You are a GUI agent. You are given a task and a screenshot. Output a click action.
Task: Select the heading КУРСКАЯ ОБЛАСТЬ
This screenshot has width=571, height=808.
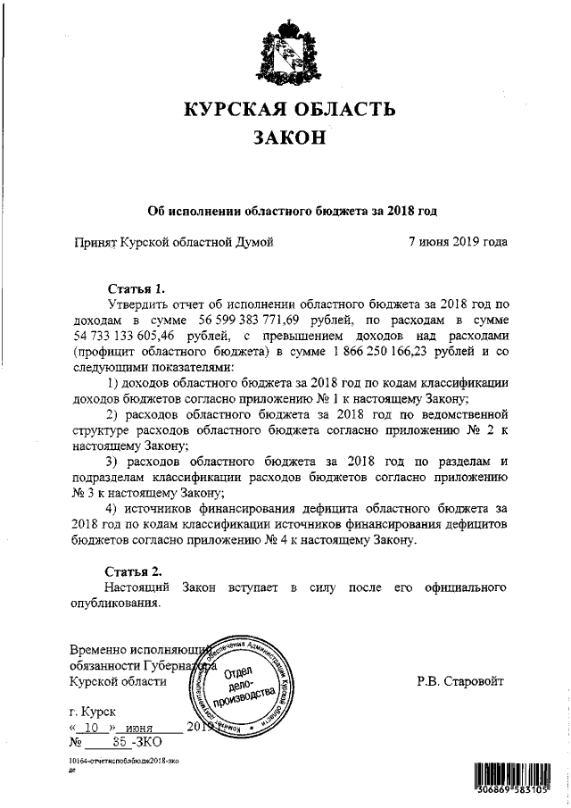click(x=287, y=109)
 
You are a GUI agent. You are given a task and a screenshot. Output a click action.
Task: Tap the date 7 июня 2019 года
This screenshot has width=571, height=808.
click(x=458, y=241)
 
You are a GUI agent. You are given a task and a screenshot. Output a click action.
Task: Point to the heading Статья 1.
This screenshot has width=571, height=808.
click(x=136, y=288)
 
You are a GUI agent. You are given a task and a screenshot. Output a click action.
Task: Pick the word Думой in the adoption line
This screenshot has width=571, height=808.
click(x=252, y=241)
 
